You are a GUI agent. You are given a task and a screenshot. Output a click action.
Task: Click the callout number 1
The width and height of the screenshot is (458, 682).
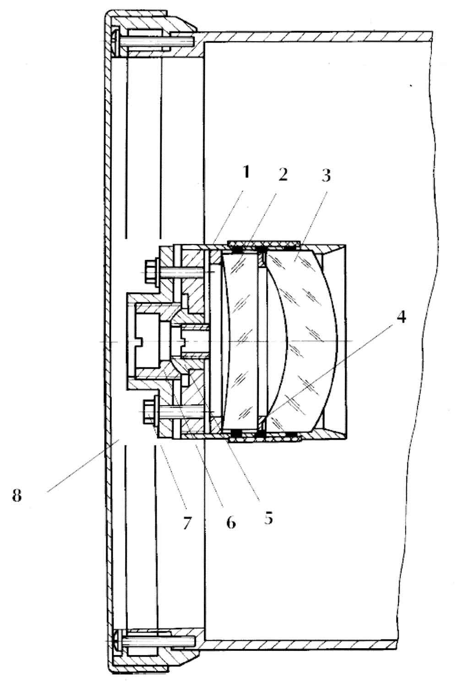(246, 172)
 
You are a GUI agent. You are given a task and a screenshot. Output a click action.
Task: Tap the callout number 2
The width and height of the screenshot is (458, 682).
(283, 175)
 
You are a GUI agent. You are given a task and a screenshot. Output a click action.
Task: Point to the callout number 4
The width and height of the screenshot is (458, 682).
(401, 317)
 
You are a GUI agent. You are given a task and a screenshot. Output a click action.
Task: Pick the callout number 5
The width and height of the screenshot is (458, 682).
(268, 518)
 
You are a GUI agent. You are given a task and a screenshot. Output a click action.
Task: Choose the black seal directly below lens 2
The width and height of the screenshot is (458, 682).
(237, 432)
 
